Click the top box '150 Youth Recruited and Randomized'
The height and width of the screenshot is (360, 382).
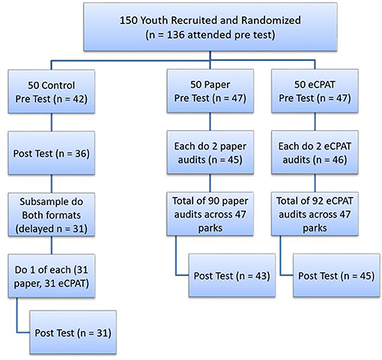210,27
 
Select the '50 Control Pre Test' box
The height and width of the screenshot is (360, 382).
52,92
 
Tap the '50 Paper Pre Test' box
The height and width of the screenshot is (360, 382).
210,91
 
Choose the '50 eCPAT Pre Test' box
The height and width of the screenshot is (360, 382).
315,91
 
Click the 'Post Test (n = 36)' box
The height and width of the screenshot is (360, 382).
52,153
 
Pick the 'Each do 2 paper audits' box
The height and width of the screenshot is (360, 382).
210,153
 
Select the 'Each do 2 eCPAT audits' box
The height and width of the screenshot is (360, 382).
315,153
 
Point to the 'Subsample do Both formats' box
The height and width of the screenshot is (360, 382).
52,215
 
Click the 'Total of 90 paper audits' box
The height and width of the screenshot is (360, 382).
210,214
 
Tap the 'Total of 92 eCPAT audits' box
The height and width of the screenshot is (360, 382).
315,214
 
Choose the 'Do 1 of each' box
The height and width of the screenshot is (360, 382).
52,276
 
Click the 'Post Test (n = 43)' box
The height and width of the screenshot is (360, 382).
232,275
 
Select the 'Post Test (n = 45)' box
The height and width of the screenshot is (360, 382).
336,275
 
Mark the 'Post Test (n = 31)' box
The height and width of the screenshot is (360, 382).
73,332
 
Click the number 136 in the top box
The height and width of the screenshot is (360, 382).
176,35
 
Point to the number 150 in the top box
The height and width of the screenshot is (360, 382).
128,20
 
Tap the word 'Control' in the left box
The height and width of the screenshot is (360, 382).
58,85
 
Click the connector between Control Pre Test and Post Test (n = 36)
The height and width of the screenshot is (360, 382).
52,123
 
